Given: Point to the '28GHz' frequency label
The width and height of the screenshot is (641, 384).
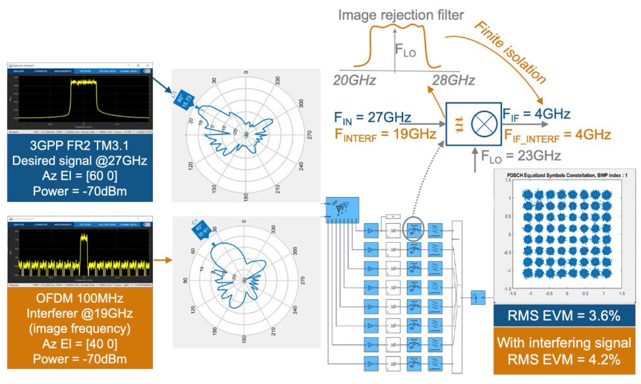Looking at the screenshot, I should click(x=453, y=79).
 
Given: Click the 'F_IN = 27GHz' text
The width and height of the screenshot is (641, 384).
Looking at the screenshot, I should click(x=372, y=119).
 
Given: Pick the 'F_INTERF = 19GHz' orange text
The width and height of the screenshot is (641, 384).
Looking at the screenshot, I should click(x=385, y=135).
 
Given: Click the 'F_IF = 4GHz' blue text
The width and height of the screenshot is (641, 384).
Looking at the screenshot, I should click(x=536, y=113).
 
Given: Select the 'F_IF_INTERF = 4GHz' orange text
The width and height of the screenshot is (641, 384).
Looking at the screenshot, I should click(x=557, y=135).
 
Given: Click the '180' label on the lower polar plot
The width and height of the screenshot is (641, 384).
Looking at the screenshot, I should click(x=244, y=340).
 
